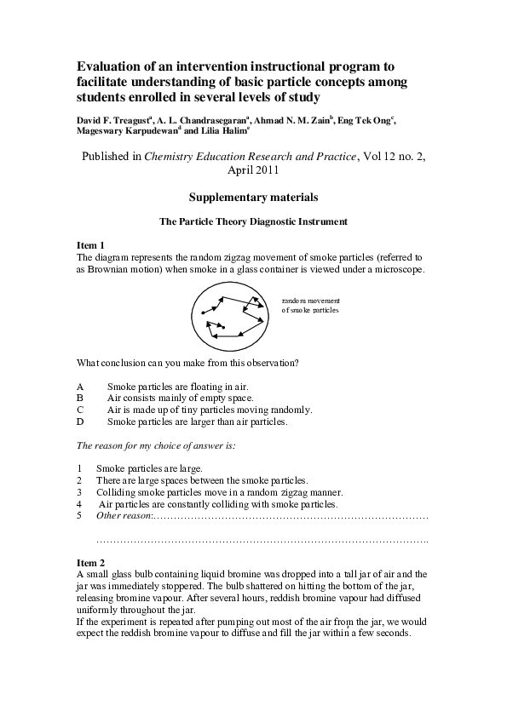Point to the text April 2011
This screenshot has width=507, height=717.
pyautogui.click(x=253, y=169)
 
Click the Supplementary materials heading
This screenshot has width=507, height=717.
pyautogui.click(x=253, y=198)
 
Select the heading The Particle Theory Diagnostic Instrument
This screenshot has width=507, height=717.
pyautogui.click(x=253, y=222)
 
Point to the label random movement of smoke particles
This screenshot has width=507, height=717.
pyautogui.click(x=310, y=306)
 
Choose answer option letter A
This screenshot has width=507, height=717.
pyautogui.click(x=80, y=387)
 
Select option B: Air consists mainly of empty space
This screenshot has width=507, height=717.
pyautogui.click(x=180, y=398)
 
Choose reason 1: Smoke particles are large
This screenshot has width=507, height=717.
pyautogui.click(x=149, y=468)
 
